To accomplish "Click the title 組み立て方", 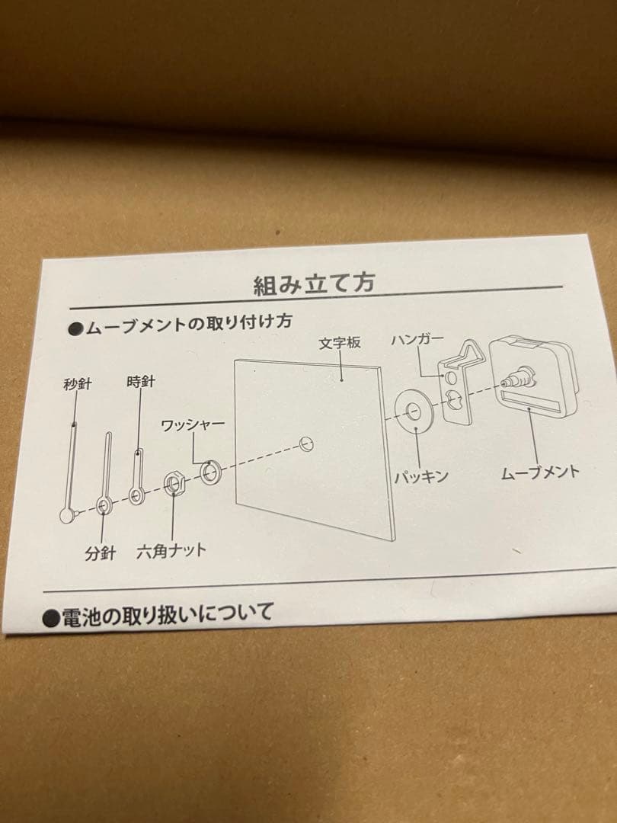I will point(313,283).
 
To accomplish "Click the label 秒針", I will point(77,384).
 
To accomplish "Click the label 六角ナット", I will point(171,550).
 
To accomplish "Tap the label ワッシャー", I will point(193,425).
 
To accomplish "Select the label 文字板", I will point(340,344).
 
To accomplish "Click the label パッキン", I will point(420,477).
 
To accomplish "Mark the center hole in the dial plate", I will point(307,444).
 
